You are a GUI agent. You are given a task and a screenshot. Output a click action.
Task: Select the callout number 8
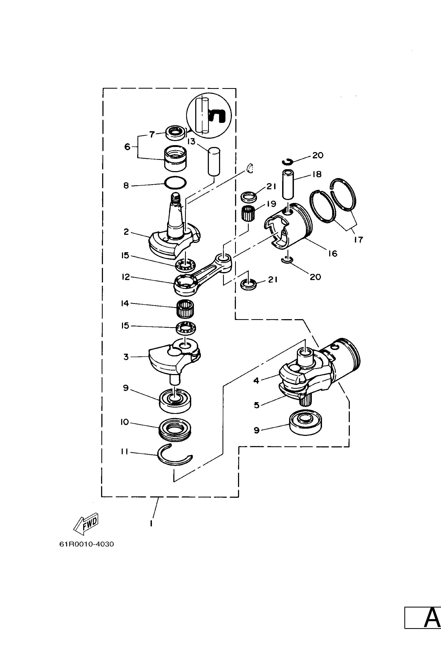(x=126, y=185)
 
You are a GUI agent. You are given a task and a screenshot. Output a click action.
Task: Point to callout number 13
(x=191, y=141)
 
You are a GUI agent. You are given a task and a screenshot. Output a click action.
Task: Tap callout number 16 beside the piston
(x=332, y=254)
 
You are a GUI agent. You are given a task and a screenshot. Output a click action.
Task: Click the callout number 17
(x=359, y=240)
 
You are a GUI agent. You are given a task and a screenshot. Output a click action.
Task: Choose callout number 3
(x=126, y=357)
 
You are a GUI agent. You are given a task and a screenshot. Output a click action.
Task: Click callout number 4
(x=256, y=380)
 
